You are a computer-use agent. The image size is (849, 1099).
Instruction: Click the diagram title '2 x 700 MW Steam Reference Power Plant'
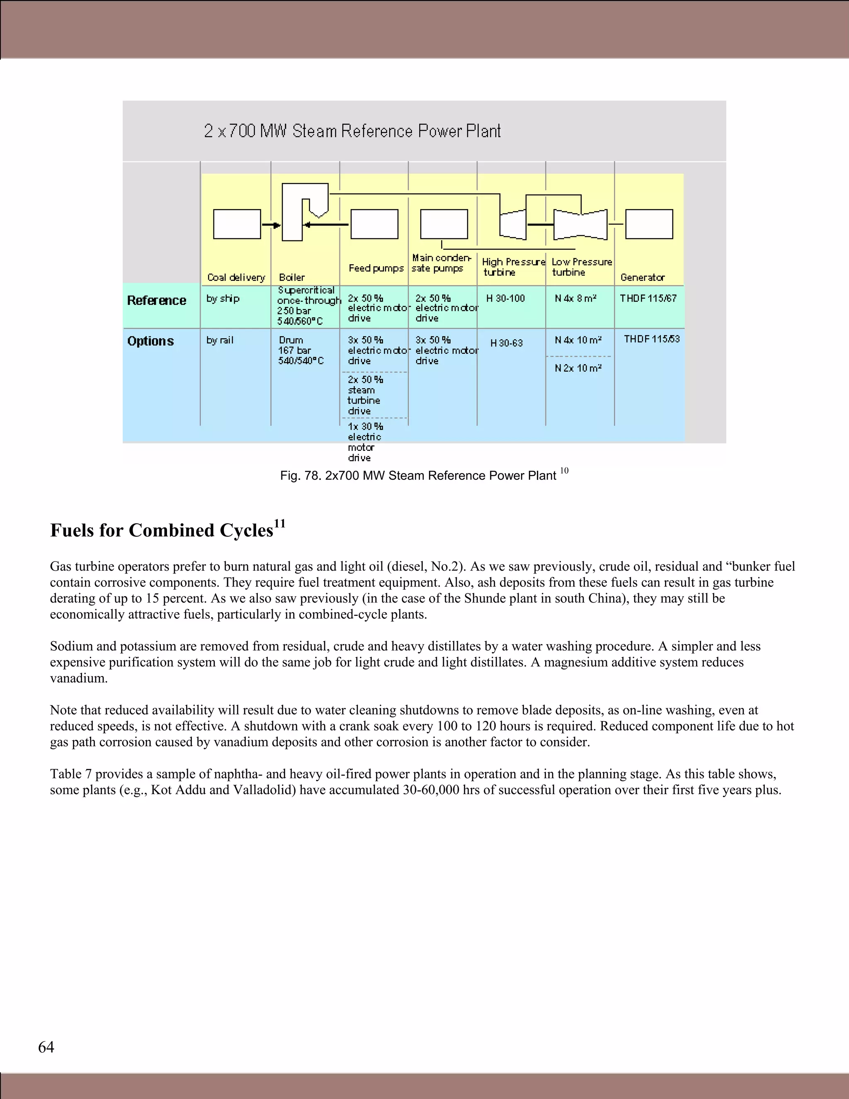point(352,131)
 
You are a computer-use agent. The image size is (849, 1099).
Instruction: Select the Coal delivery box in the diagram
point(237,224)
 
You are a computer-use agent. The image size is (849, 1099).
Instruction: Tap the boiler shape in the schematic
point(293,212)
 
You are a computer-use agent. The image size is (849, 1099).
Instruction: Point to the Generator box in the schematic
point(649,224)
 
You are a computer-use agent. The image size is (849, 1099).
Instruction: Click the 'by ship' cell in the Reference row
point(223,299)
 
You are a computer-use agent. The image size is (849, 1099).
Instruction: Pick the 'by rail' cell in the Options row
point(220,340)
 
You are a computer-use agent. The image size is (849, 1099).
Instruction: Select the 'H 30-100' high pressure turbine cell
point(505,299)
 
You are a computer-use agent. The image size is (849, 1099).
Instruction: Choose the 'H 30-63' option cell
point(507,343)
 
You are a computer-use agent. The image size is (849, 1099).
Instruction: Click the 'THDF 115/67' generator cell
point(648,299)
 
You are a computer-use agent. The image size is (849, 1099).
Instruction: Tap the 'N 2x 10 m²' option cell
point(578,368)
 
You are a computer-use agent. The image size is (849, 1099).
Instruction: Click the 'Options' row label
point(150,341)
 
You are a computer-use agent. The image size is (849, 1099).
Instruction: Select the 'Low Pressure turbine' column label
point(582,267)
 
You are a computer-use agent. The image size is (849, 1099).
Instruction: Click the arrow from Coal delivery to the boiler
point(271,225)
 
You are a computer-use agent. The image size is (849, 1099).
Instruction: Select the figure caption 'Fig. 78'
point(418,476)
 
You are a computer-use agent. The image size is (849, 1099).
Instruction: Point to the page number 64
point(46,1047)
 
